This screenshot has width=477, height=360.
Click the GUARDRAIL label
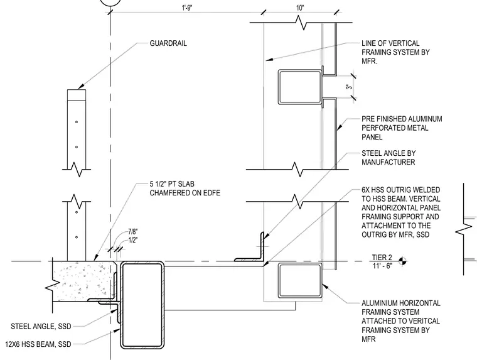click(168, 43)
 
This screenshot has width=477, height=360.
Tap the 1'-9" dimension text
click(187, 8)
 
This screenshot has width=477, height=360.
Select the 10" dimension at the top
click(300, 8)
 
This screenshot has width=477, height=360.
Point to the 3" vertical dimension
click(350, 87)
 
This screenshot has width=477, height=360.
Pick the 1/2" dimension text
click(132, 240)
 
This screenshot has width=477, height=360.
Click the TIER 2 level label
click(382, 258)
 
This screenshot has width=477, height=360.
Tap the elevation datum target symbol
click(402, 261)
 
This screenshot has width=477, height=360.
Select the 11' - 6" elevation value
click(382, 266)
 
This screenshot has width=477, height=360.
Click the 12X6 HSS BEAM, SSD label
click(38, 344)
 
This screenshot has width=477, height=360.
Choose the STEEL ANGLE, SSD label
click(41, 327)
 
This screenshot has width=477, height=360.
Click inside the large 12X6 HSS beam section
click(142, 305)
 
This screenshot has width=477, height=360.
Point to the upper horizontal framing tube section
click(300, 87)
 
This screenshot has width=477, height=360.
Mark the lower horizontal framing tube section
click(300, 281)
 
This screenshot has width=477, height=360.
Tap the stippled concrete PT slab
click(83, 281)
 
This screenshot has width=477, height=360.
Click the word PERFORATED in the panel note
click(380, 128)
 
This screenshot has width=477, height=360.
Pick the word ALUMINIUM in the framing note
click(379, 303)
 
